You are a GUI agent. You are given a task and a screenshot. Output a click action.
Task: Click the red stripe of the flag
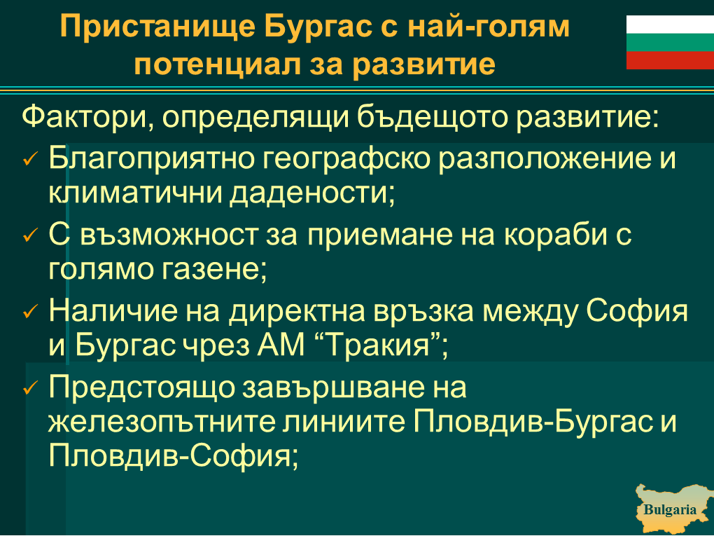tap(670, 60)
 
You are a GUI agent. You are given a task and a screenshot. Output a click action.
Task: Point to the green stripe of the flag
tap(670, 42)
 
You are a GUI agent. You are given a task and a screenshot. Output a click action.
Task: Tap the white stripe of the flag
tap(670, 25)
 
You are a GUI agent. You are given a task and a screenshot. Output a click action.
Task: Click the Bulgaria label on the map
tap(669, 509)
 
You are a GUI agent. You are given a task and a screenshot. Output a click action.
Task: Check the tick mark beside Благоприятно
tap(29, 159)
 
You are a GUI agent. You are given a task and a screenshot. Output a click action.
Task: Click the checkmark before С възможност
tap(29, 235)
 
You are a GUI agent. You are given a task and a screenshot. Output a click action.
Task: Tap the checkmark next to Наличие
tap(29, 312)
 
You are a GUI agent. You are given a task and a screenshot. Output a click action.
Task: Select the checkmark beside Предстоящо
tap(29, 388)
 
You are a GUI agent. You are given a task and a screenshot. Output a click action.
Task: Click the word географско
tap(346, 160)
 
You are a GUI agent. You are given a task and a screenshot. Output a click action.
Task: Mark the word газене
tap(211, 270)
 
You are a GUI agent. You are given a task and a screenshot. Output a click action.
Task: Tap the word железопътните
tap(162, 422)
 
